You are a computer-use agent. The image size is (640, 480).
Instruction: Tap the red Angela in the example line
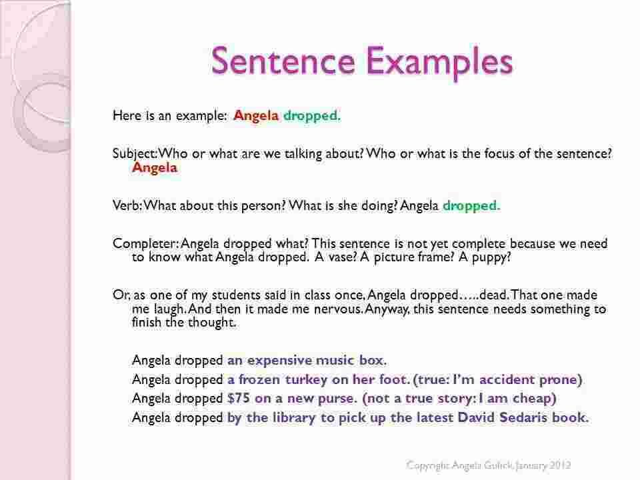click(256, 116)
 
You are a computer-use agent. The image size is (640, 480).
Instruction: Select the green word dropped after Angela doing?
click(471, 205)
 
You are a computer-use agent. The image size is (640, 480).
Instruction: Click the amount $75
click(239, 399)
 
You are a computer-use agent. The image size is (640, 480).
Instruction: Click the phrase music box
click(351, 361)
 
